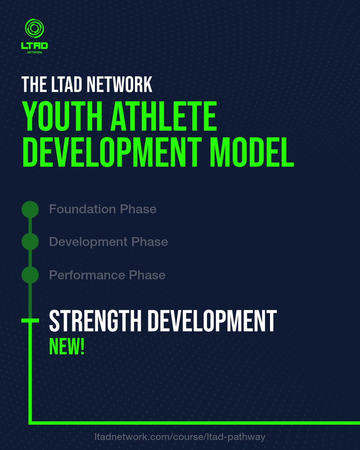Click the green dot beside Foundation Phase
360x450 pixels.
pyautogui.click(x=30, y=209)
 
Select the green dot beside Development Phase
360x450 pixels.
pyautogui.click(x=30, y=242)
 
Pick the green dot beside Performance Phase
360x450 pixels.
pyautogui.click(x=30, y=275)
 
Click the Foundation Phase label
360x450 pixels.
pyautogui.click(x=103, y=209)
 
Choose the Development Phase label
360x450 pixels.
pyautogui.click(x=108, y=242)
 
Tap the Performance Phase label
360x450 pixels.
pyautogui.click(x=107, y=275)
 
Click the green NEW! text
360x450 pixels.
pyautogui.click(x=67, y=347)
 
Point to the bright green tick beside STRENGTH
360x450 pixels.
pyautogui.click(x=30, y=320)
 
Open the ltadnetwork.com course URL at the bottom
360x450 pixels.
pyautogui.click(x=180, y=437)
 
